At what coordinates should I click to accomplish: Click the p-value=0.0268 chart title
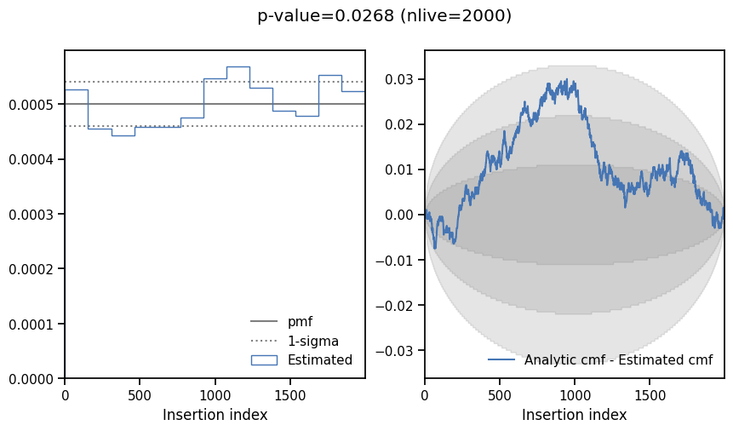[x=384, y=16]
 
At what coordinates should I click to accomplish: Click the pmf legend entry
[x=300, y=322]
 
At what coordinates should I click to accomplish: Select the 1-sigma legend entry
[x=312, y=341]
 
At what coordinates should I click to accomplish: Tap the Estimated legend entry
[x=319, y=360]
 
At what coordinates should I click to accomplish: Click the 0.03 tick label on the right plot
[x=401, y=79]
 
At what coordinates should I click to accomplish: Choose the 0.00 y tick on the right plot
[x=401, y=215]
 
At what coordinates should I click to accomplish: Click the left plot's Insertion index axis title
[x=215, y=415]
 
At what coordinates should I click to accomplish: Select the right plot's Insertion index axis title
[x=575, y=415]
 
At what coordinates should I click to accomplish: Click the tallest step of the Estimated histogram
[x=238, y=66]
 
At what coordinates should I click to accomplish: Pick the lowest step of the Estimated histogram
[x=123, y=135]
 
